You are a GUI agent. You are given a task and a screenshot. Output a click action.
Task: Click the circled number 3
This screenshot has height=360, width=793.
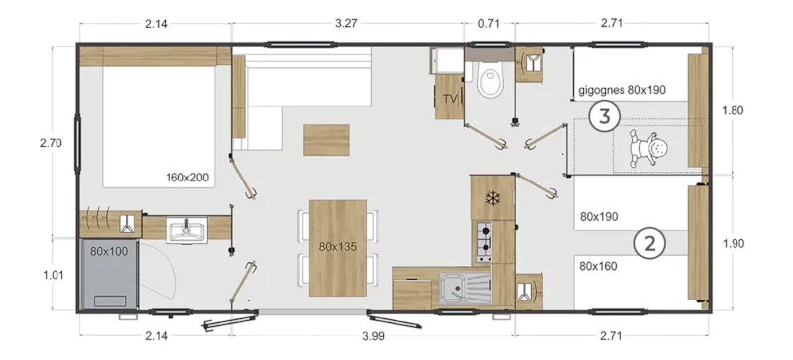pos(605,117)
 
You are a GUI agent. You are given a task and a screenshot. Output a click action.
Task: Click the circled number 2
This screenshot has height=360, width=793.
pos(649,241)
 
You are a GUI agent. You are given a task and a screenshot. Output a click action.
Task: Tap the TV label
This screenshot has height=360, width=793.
pos(451,99)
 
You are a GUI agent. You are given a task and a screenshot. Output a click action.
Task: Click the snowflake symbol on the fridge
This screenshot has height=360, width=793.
pos(490,197)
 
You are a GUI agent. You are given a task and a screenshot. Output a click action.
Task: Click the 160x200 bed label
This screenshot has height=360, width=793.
pos(187,179)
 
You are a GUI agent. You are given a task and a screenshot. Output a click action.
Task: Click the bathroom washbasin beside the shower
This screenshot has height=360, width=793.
pos(185,232)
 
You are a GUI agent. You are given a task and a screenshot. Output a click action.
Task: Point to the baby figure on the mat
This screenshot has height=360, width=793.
pos(653,149)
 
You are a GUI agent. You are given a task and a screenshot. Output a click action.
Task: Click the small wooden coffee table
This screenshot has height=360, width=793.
pos(326,139)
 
